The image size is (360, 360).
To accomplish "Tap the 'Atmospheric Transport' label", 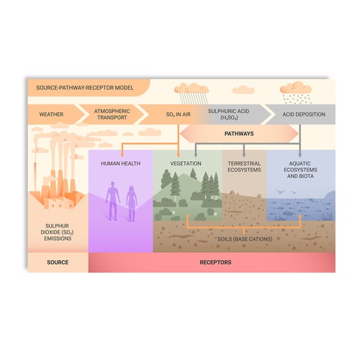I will pos(112,114).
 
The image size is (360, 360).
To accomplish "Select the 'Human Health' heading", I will pos(121,163).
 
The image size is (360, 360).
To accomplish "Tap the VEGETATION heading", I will pos(186,163).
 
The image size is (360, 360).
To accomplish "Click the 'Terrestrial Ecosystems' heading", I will pos(243,167).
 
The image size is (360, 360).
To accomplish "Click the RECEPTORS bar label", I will pos(215,263).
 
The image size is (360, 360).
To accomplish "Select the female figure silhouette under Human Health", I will pos(131,204).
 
